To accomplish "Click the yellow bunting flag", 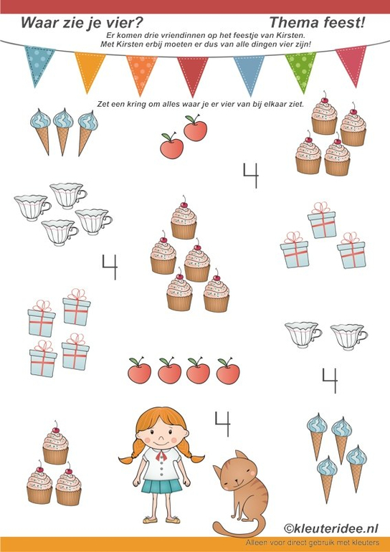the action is (x=90, y=70).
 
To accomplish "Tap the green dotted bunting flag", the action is (x=301, y=69).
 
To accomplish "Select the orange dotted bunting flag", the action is (x=141, y=72).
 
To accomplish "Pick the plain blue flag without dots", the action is (x=249, y=72).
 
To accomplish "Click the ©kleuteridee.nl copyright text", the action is (x=331, y=528).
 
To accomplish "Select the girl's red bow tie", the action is (x=161, y=456).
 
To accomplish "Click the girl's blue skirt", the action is (x=161, y=486).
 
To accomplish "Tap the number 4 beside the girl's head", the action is (x=222, y=424).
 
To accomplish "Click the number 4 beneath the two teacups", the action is (x=330, y=381).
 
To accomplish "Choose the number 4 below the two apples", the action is (x=251, y=176).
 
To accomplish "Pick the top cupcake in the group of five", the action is (x=184, y=218).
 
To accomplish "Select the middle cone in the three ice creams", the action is (x=63, y=131).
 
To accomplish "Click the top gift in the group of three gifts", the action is (x=322, y=220).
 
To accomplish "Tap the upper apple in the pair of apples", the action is (x=195, y=128).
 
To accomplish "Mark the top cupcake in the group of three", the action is (x=56, y=443).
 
